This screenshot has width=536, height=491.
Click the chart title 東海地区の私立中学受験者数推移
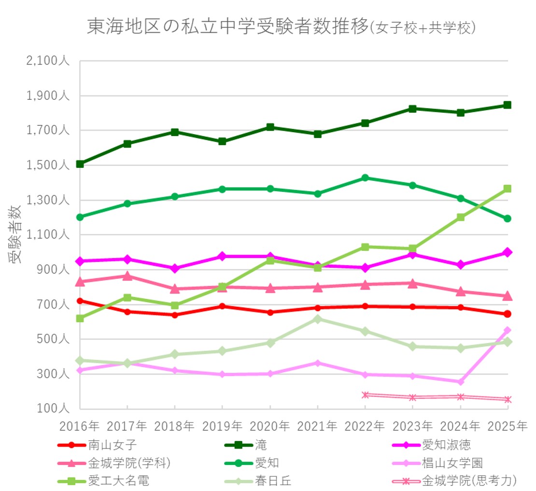[x=227, y=27]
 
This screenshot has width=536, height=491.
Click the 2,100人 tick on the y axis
[x=47, y=62]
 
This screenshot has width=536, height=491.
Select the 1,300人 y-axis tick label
[x=47, y=200]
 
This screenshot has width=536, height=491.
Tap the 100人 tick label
[x=54, y=409]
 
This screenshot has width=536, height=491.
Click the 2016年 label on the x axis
[x=80, y=426]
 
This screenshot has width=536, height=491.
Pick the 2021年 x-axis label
[x=317, y=426]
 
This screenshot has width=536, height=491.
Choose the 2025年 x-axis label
[x=507, y=426]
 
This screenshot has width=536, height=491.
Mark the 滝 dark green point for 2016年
[x=80, y=164]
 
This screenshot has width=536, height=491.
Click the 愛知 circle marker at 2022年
[x=365, y=178]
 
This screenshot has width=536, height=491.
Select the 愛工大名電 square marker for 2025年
[x=508, y=189]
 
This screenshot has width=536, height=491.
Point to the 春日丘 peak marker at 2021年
[x=317, y=319]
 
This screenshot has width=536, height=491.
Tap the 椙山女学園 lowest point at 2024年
[x=460, y=382]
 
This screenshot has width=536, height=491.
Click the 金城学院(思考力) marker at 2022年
[x=365, y=395]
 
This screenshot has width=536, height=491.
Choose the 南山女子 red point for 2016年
[x=80, y=300]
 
